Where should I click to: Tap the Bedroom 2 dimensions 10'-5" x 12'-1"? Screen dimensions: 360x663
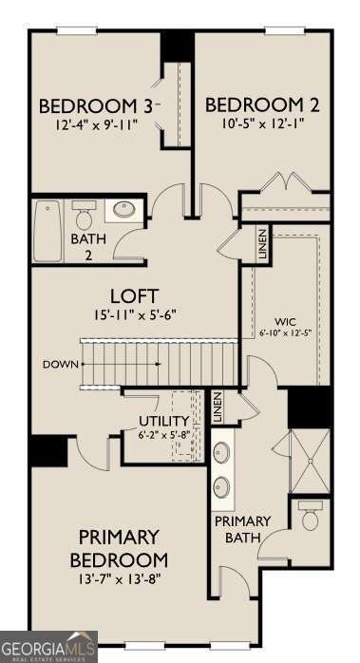pos(263,123)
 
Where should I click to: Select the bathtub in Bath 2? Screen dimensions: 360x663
pos(48,231)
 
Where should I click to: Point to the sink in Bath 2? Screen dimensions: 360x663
pos(123,210)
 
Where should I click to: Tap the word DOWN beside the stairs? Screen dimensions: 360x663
pos(61,365)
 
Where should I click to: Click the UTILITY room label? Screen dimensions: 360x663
pos(164,421)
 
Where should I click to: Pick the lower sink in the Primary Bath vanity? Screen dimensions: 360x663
pos(221,487)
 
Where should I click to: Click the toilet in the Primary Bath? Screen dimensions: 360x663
pos(311,516)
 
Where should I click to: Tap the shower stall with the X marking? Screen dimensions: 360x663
pos(310,462)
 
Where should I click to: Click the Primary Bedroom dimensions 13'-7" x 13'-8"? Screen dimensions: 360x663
pos(119,578)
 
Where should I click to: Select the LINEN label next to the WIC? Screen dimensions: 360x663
pos(262,244)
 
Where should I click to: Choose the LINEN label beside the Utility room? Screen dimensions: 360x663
pos(218,407)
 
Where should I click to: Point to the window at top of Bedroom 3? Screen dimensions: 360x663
pos(77,30)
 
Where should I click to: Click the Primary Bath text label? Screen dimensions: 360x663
pos(242,529)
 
